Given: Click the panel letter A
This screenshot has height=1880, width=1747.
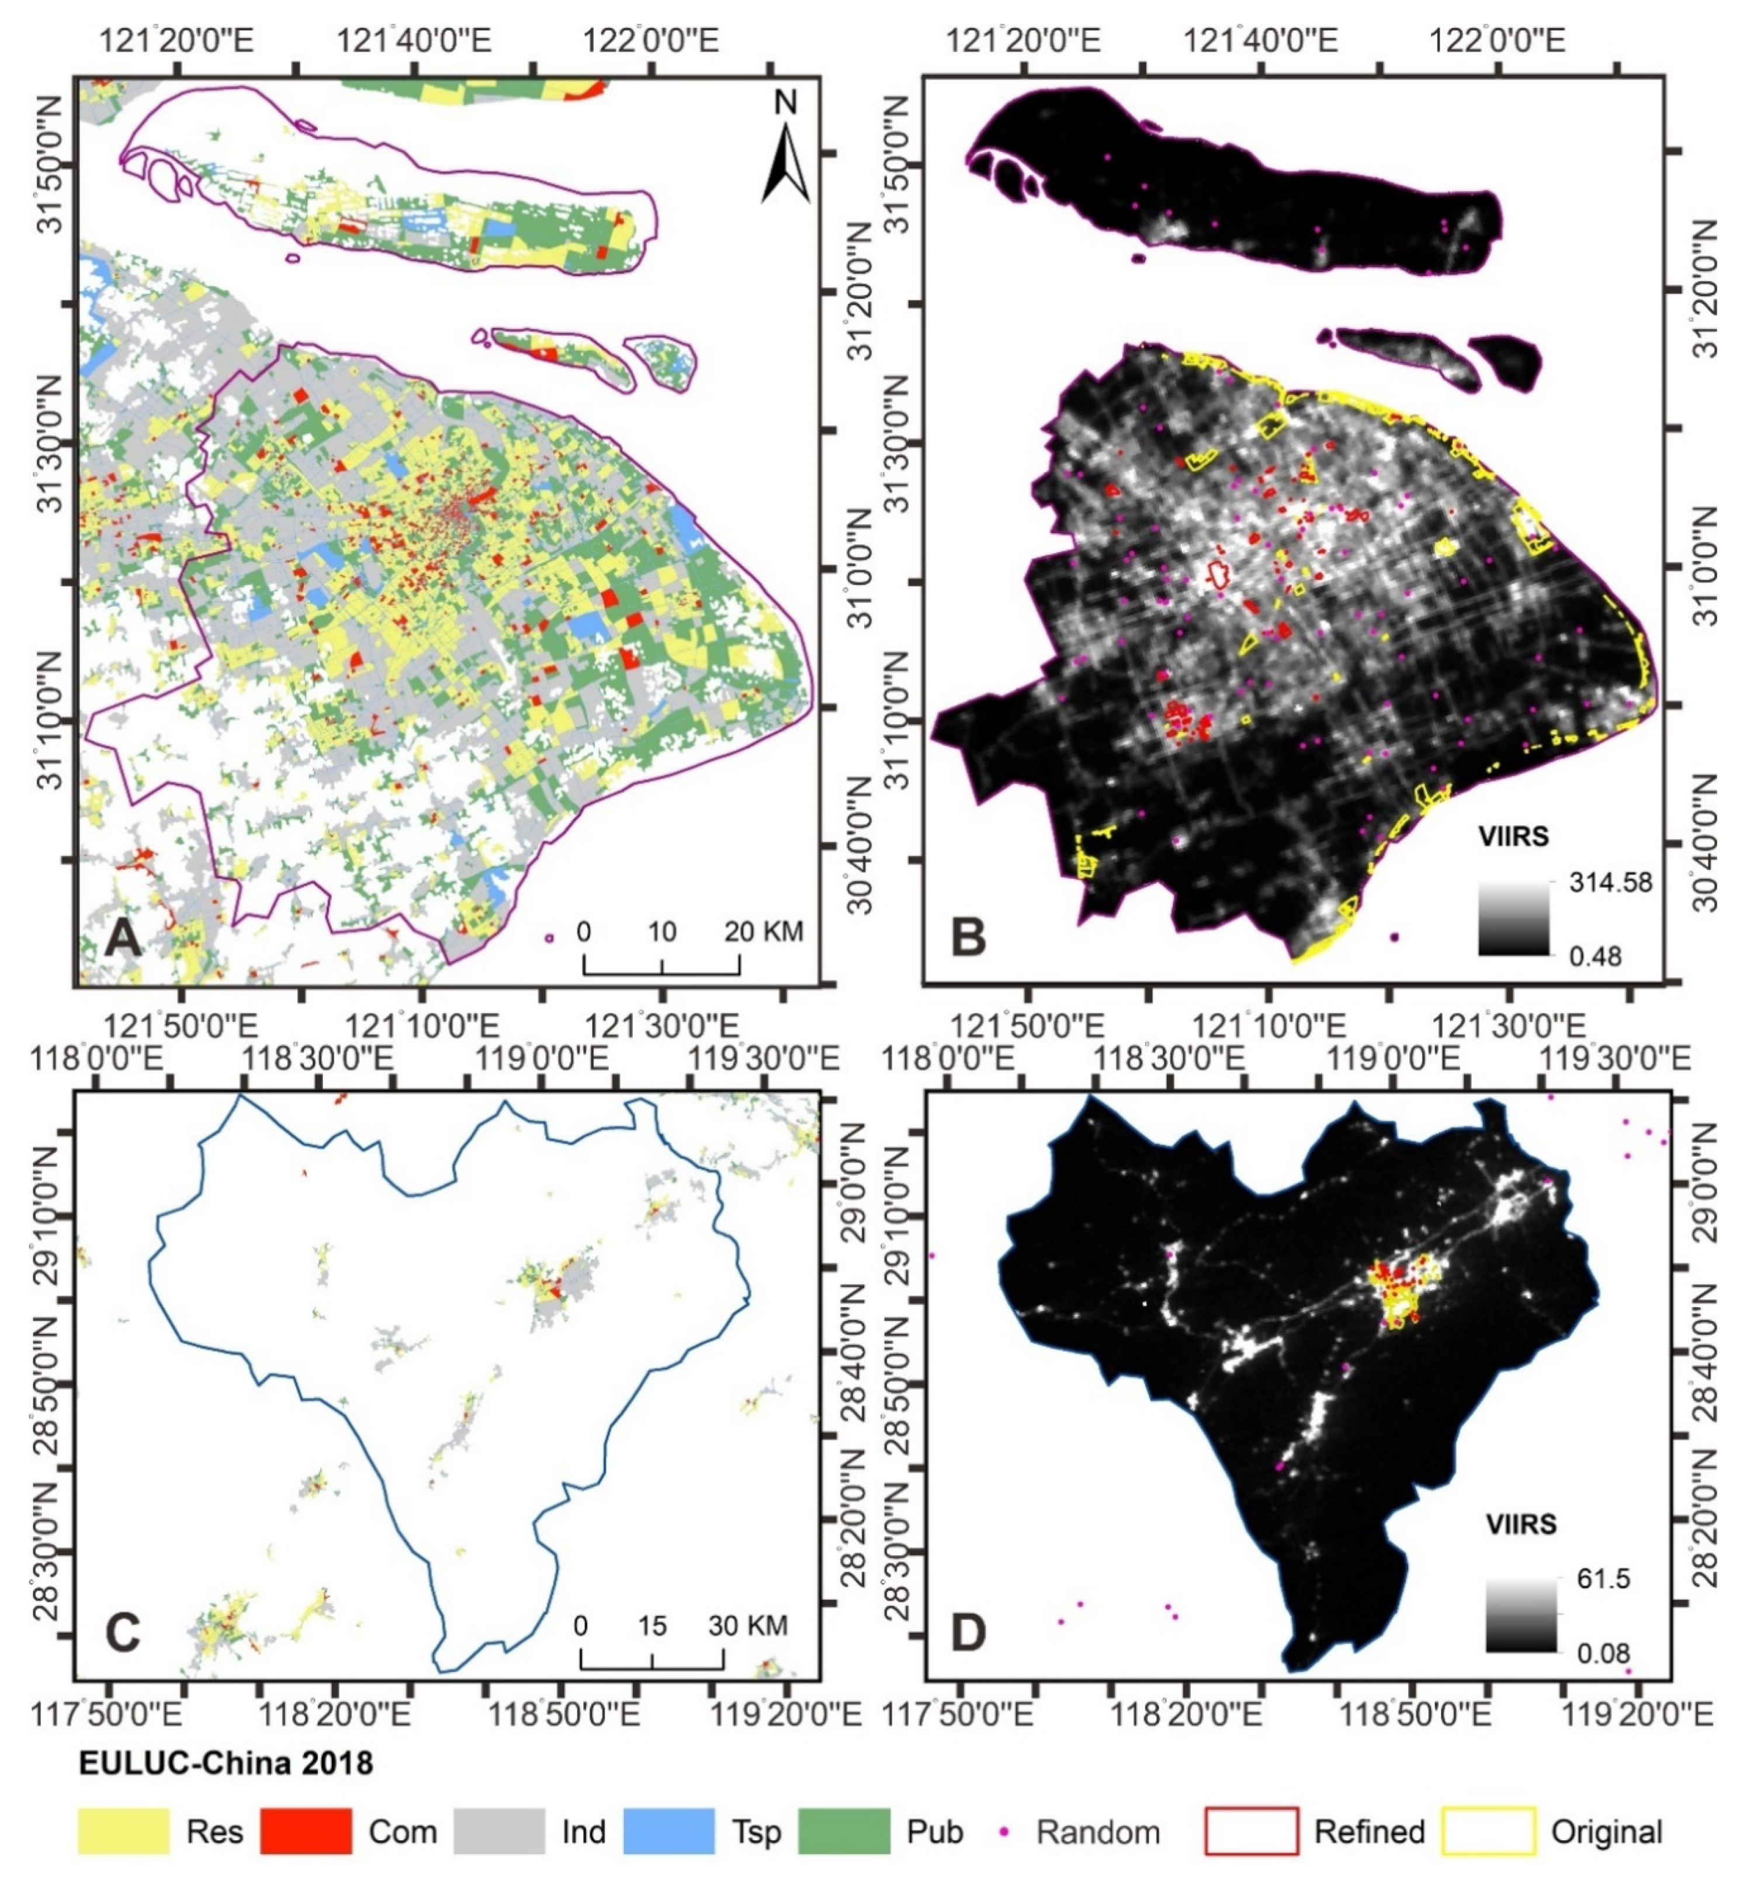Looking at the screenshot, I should (122, 938).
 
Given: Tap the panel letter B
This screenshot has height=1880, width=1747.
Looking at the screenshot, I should (967, 936).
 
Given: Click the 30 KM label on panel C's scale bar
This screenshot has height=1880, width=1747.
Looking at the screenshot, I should (748, 1626).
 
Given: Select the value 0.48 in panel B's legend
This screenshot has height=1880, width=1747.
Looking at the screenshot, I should (1596, 956).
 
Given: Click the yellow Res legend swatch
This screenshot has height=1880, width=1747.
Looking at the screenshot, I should (124, 1831).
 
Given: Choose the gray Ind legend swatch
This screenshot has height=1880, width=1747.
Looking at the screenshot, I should (499, 1831).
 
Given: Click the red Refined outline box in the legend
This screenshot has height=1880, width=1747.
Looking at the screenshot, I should (1251, 1831).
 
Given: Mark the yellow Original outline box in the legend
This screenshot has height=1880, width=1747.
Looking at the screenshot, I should (1488, 1831).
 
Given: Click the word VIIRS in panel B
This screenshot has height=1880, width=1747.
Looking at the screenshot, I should (1516, 836).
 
